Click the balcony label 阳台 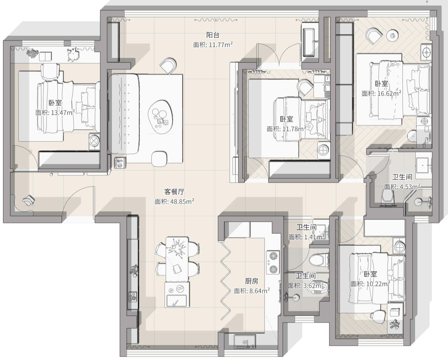click(213, 35)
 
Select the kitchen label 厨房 click(252, 281)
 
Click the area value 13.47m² click(63, 113)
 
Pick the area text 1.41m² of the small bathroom click(314, 237)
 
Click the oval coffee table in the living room click(161, 117)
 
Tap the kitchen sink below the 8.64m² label click(245, 341)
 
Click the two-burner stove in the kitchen click(273, 263)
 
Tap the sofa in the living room click(124, 114)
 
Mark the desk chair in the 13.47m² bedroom click(50, 72)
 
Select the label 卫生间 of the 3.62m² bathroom click(306, 276)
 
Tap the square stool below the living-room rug click(159, 159)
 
